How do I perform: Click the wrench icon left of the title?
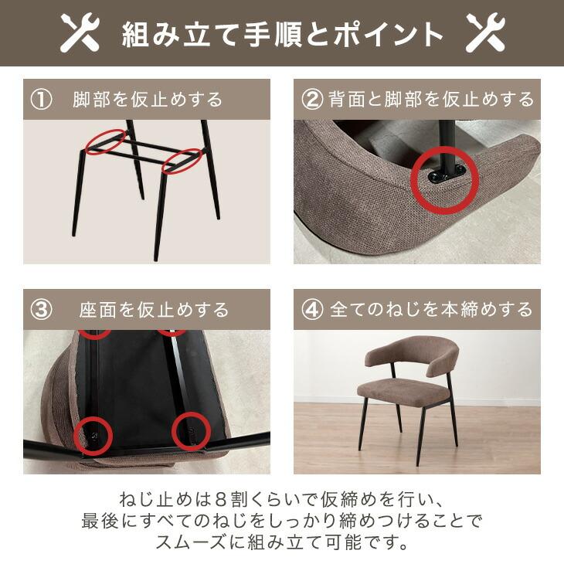(81, 33)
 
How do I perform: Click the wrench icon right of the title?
(485, 33)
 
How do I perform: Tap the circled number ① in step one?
(40, 100)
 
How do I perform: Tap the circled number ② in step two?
(311, 100)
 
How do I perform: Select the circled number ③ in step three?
(40, 310)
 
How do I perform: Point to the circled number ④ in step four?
(311, 310)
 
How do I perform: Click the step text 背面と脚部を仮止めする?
(431, 100)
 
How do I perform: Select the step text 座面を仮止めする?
(154, 310)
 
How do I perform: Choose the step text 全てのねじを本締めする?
(431, 310)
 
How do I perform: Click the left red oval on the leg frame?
(105, 141)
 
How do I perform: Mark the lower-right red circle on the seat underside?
(190, 429)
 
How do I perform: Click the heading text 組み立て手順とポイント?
(283, 34)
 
